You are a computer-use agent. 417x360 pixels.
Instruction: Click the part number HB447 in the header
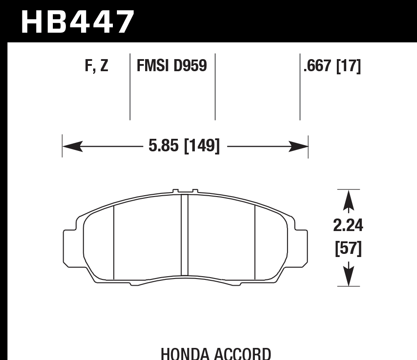click(77, 22)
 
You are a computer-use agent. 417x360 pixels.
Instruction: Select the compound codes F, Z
click(96, 66)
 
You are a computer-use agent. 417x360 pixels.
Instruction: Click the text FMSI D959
click(172, 66)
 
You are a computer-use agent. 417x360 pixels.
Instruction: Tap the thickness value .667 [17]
click(332, 66)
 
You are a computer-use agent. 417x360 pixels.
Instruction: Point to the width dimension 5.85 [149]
click(184, 146)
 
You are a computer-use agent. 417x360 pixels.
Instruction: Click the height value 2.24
click(348, 226)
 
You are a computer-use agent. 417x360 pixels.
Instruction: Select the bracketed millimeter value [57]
click(348, 249)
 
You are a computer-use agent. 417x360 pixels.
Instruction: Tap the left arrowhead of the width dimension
click(72, 146)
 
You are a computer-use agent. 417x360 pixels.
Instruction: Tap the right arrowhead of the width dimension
click(299, 146)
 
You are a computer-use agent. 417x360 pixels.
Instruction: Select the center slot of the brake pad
click(184, 235)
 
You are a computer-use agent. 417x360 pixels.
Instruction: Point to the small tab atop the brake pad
click(185, 191)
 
